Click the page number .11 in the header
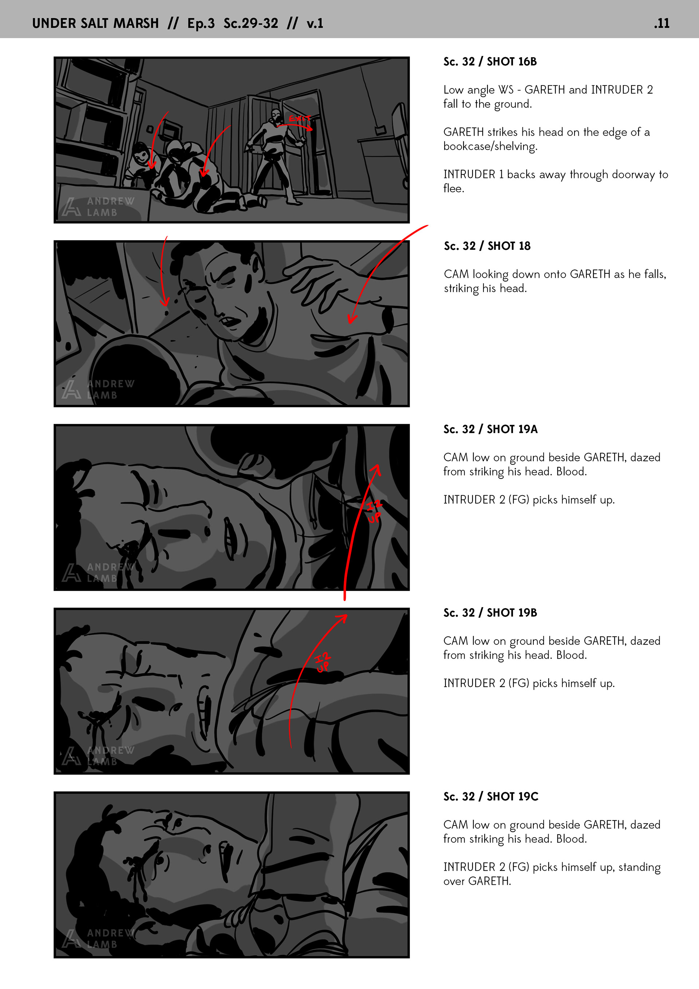point(662,23)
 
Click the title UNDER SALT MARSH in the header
point(96,23)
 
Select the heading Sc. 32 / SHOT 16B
point(490,62)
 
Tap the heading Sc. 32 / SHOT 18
point(487,246)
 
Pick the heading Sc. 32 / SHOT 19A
point(490,429)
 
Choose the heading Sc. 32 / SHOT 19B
point(490,612)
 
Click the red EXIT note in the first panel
point(299,118)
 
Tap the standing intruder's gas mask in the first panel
point(276,115)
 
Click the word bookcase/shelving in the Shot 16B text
point(490,146)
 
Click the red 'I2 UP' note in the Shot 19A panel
point(374,511)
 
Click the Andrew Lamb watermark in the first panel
point(98,207)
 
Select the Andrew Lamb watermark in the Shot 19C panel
point(98,939)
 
